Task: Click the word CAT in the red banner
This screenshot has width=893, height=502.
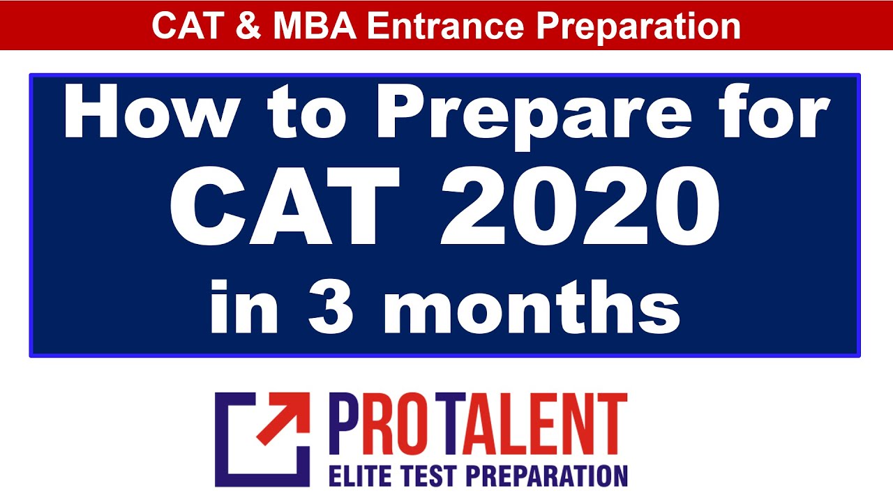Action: click(x=183, y=26)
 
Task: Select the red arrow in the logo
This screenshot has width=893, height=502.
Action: click(x=283, y=419)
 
